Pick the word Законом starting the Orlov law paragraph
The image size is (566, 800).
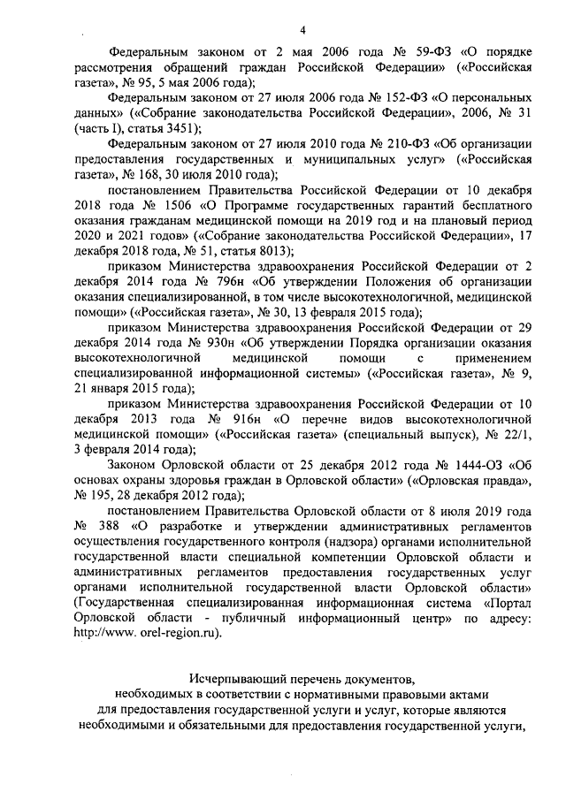tap(133, 466)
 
